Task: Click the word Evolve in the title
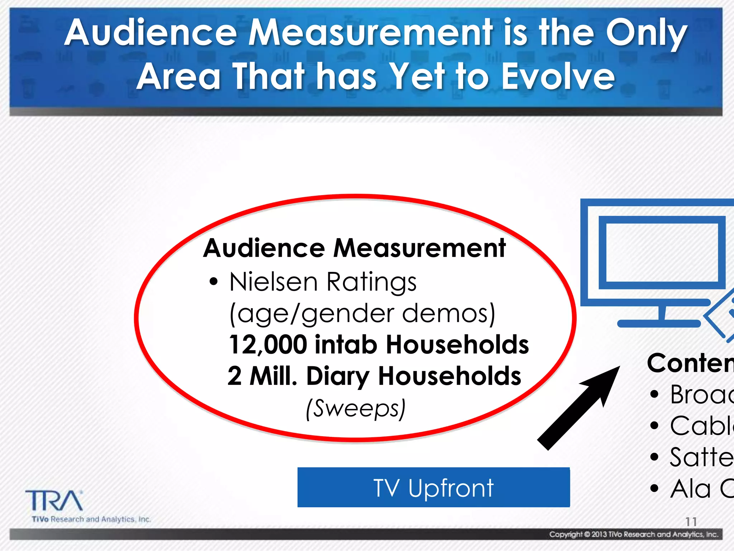point(558,76)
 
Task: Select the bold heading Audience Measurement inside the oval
point(354,248)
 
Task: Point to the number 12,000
point(268,345)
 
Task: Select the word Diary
point(338,376)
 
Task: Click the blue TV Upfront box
point(433,487)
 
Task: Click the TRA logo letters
point(54,501)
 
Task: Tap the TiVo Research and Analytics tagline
point(91,519)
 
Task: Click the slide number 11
point(691,522)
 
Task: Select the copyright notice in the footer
point(634,534)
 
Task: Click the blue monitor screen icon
point(662,253)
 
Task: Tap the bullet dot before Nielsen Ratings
point(214,282)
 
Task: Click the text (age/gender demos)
point(362,314)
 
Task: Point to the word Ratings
point(371,282)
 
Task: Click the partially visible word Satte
point(701,457)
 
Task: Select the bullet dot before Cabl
point(654,426)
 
